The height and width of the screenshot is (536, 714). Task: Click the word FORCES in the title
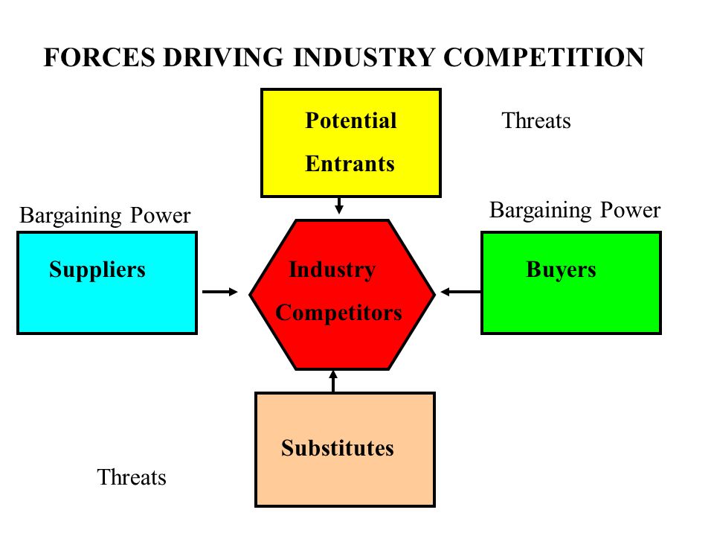pos(99,57)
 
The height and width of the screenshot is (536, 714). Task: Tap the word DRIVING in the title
pos(223,57)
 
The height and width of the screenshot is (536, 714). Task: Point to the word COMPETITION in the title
pos(544,57)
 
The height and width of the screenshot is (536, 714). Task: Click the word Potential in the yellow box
pos(350,121)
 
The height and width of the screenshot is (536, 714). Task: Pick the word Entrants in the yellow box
pos(350,164)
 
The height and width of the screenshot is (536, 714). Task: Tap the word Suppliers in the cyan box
pos(97,269)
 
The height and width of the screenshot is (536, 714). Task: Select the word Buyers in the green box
pos(561,269)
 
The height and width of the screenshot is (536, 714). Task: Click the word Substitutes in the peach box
pos(338,448)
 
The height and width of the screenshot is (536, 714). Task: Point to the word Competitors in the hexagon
pos(339,313)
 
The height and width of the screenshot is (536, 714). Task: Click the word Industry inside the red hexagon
pos(332,269)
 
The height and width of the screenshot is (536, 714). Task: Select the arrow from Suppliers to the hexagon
pos(220,292)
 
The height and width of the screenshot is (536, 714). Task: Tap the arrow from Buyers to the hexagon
pos(461,292)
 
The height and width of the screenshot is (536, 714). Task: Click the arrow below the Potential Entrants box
pos(339,205)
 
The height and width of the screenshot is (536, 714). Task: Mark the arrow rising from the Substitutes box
pos(333,381)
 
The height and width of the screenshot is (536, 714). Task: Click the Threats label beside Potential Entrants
pos(536,121)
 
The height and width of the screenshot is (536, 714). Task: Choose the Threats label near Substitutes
pos(132,477)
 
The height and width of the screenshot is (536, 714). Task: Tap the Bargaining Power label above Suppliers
pos(105,216)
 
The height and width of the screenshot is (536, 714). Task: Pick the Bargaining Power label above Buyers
pos(575,211)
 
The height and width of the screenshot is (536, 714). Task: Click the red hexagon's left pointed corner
pos(250,295)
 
